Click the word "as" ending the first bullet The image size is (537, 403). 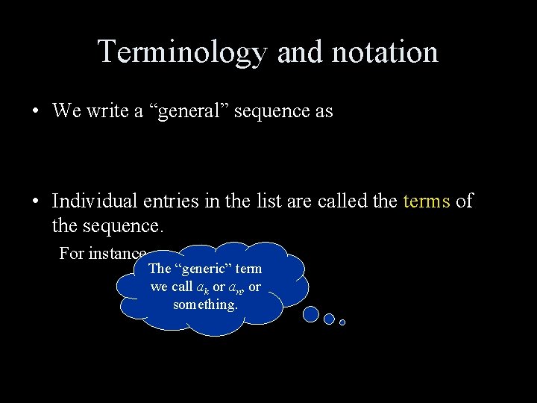pos(324,111)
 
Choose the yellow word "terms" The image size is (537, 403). pos(426,201)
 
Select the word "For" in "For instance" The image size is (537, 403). pos(72,253)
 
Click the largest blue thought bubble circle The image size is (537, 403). pos(311,315)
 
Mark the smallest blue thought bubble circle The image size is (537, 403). pos(342,322)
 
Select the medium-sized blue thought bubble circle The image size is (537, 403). pos(329,319)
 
